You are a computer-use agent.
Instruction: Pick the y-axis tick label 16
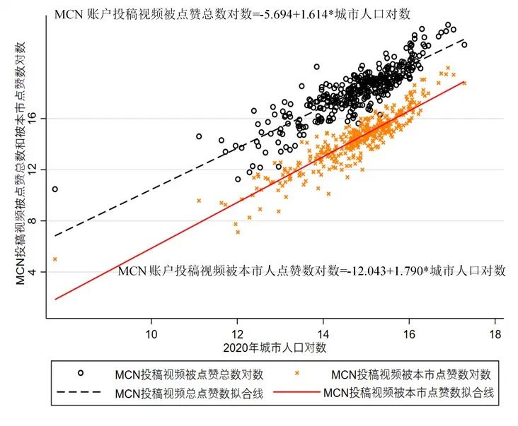tap(38, 119)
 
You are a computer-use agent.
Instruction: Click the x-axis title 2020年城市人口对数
tap(274, 348)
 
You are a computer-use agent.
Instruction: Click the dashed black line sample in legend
tap(81, 394)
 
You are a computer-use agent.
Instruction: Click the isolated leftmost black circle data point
tap(55, 189)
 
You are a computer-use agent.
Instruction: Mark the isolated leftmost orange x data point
tap(55, 259)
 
